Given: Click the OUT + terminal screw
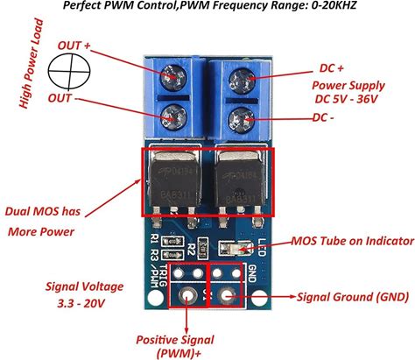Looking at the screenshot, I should point(172,77).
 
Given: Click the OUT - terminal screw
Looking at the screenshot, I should point(172,115).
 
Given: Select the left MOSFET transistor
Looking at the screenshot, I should point(176,181).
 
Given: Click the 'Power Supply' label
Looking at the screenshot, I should point(348,87).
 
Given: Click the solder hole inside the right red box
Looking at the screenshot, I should point(230,296).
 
